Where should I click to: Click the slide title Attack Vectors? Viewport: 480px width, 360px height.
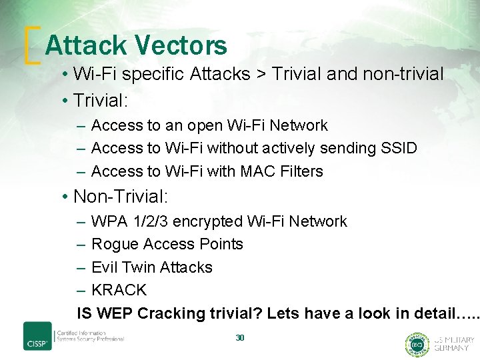(x=136, y=45)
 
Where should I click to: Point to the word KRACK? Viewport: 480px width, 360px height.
(x=119, y=290)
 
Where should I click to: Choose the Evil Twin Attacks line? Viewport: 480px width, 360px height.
(x=151, y=267)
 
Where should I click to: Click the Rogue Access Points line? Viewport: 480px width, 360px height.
(x=167, y=244)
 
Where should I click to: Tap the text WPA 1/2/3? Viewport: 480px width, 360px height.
(x=133, y=221)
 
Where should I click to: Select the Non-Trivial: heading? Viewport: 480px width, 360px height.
(x=121, y=197)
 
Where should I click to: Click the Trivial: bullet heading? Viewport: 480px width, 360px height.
(x=101, y=101)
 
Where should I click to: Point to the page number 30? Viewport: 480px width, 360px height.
(x=240, y=338)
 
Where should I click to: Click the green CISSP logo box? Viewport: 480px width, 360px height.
(x=37, y=335)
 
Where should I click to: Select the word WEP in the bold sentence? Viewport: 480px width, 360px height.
(x=112, y=313)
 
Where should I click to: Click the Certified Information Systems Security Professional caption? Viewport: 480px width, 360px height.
(x=90, y=335)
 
